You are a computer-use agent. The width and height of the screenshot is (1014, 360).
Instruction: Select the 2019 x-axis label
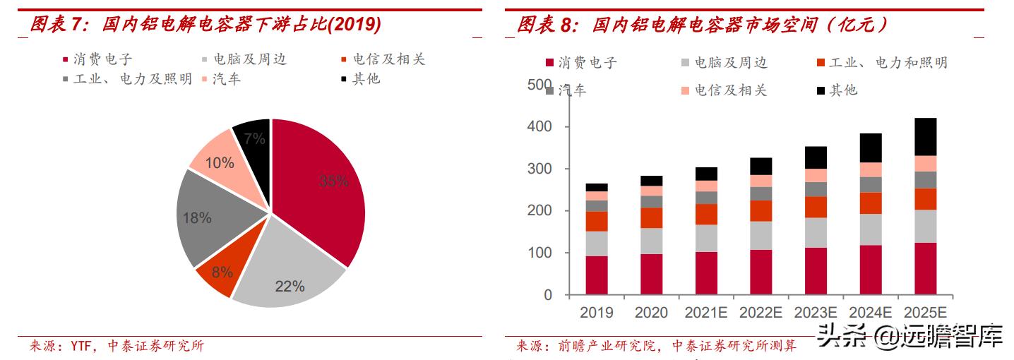tap(596, 313)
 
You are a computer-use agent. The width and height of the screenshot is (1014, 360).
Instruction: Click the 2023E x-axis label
tap(816, 313)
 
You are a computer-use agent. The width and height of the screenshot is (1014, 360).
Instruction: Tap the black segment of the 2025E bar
tap(925, 137)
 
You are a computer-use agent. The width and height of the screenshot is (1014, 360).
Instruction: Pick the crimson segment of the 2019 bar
tap(596, 275)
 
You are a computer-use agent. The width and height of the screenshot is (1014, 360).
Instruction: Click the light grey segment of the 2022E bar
tap(760, 235)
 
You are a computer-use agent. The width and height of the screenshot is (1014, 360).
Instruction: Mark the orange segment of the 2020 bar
tap(651, 217)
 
